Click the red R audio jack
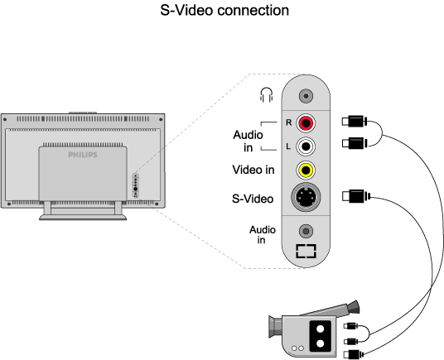point(306,122)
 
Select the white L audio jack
point(306,146)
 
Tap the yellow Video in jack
point(306,170)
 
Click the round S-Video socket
point(306,197)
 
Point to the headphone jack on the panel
point(306,96)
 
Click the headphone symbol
point(266,94)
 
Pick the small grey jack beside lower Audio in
point(306,231)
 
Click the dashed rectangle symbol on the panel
point(306,251)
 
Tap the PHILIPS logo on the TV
point(83,155)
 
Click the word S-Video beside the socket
point(253,199)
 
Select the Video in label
point(253,170)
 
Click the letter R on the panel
point(288,122)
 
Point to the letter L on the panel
point(288,146)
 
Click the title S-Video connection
point(224,10)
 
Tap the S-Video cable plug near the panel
point(356,196)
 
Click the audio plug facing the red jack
point(355,122)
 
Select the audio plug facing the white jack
point(355,143)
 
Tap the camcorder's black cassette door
point(321,336)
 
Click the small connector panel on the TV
point(136,186)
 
